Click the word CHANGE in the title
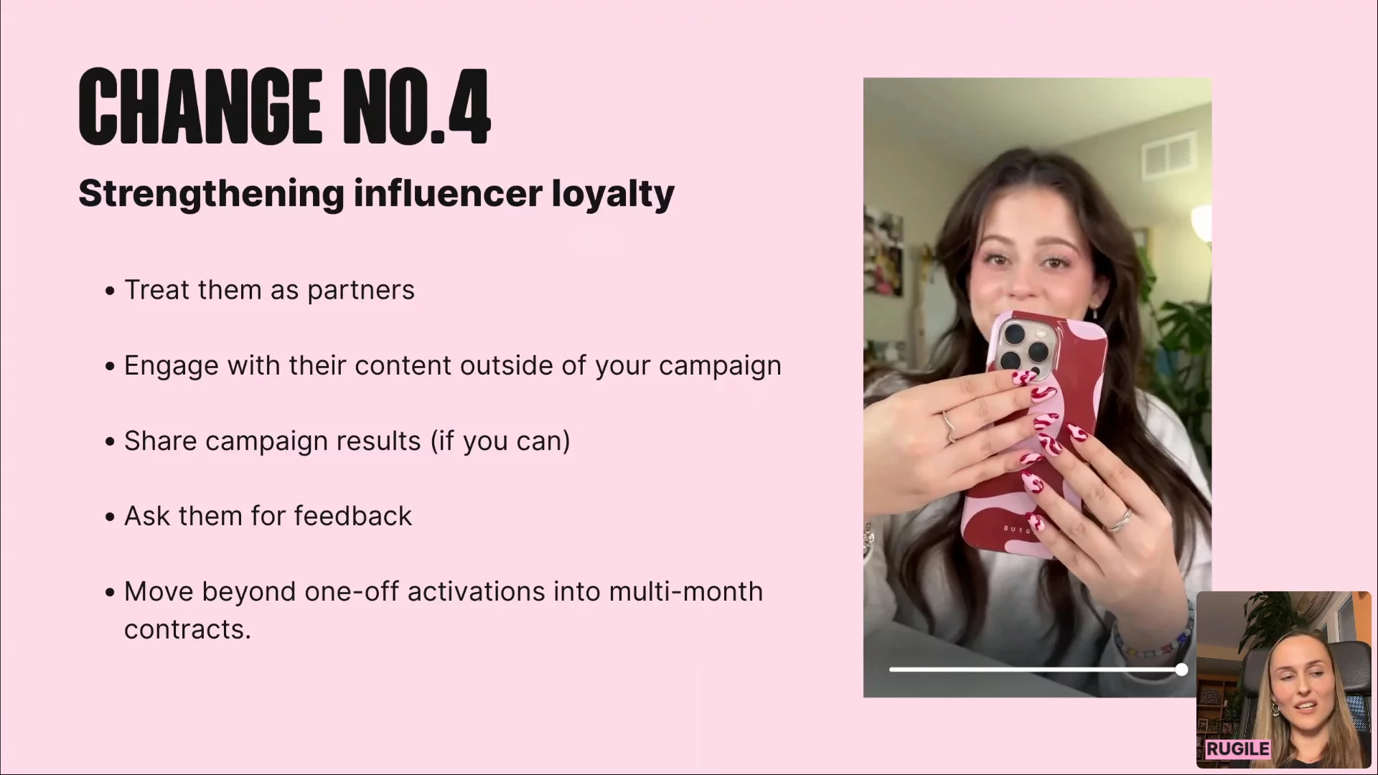click(x=200, y=107)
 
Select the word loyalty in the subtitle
click(x=613, y=194)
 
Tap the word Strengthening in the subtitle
click(x=212, y=194)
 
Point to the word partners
click(x=361, y=291)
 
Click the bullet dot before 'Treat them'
click(x=110, y=291)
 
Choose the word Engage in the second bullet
click(x=172, y=367)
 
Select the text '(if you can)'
click(x=500, y=441)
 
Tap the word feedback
click(x=352, y=516)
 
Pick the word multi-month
click(x=685, y=592)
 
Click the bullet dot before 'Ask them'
click(x=110, y=517)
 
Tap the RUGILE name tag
click(x=1237, y=749)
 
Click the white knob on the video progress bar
click(x=1181, y=670)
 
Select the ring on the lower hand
click(x=1118, y=520)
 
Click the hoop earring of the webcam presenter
click(x=1275, y=709)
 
